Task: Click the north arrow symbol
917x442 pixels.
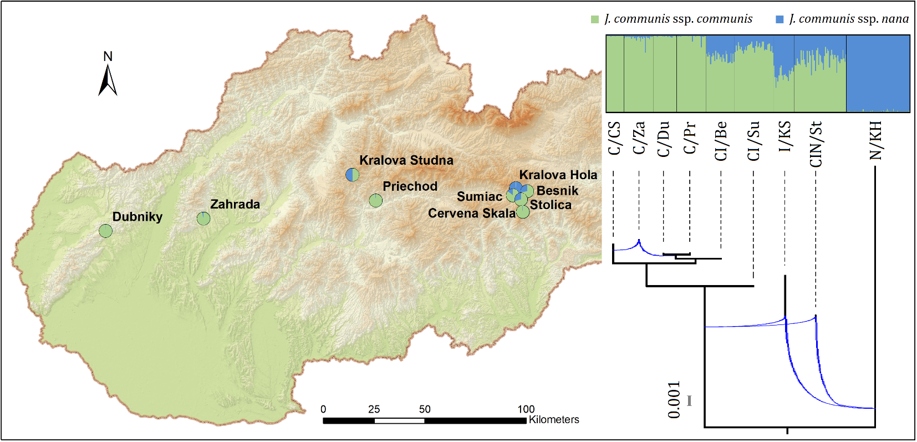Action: (108, 80)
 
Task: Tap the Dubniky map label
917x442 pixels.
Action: (137, 217)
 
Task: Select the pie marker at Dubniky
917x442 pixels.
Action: (105, 231)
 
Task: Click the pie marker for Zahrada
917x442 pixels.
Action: (203, 219)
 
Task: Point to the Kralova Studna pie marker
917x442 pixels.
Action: (352, 175)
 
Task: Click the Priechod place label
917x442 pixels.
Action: (410, 186)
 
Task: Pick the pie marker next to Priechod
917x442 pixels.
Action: (375, 200)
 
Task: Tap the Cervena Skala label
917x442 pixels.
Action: (471, 214)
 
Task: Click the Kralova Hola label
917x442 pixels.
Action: (558, 175)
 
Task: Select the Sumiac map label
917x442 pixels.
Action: (479, 197)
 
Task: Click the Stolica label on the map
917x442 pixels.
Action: (551, 205)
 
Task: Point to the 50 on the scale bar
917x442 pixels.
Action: (425, 409)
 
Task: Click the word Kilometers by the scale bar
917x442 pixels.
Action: (553, 420)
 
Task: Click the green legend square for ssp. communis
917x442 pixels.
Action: (595, 19)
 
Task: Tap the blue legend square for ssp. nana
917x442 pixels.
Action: (780, 19)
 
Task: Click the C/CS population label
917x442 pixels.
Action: (614, 138)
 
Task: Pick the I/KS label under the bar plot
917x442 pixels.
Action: (784, 136)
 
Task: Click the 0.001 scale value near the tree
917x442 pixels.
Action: (674, 400)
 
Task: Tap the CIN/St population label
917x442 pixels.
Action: (816, 144)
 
